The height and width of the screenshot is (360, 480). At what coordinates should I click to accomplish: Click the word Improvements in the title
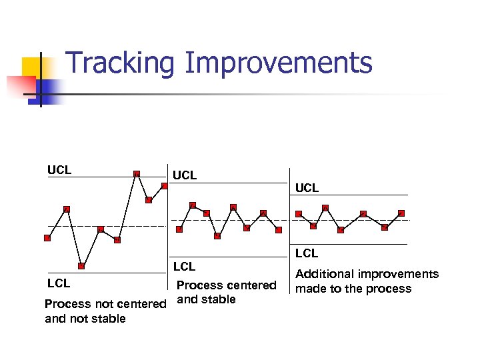(278, 63)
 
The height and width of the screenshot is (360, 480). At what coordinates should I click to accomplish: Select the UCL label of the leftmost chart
(59, 170)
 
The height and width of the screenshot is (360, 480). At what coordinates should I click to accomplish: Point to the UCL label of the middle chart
(185, 176)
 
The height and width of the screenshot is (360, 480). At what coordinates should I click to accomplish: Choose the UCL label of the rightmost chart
(307, 188)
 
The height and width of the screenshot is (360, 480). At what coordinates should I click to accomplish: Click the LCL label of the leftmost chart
(59, 283)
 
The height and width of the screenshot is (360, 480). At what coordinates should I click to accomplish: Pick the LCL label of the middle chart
(185, 267)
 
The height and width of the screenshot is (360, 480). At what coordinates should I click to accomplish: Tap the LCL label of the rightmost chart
(307, 253)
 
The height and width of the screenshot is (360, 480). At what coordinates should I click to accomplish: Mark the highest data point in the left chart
(137, 174)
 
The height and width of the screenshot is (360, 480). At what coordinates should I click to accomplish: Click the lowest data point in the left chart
(81, 266)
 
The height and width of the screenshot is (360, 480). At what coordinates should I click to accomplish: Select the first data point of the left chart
(47, 237)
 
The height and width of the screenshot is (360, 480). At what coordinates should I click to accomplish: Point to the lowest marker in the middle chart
(218, 235)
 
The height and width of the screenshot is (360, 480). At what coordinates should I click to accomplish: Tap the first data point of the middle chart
(179, 229)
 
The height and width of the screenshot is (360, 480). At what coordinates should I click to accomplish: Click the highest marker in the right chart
(325, 208)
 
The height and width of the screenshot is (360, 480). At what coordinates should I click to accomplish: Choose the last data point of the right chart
(401, 213)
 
